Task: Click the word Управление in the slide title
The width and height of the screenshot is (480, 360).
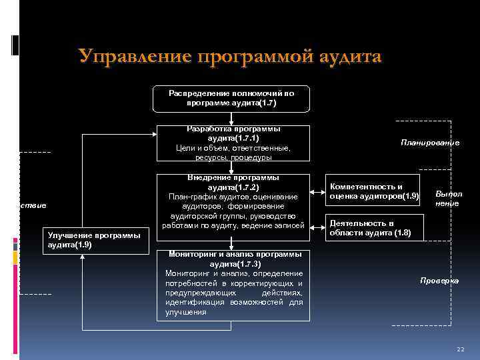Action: tap(133, 57)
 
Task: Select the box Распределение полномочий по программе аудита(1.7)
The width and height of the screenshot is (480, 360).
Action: tap(231, 99)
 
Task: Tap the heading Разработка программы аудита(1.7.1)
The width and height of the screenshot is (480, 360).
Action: tap(233, 133)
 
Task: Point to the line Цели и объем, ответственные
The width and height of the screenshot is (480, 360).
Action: tap(233, 147)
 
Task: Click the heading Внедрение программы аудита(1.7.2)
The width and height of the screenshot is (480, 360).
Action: tap(233, 183)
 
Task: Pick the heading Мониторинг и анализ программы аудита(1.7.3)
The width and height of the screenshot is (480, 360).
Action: tap(233, 259)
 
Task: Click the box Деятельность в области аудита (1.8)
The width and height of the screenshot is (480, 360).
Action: tap(370, 227)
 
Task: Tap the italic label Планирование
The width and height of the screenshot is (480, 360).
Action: tap(430, 143)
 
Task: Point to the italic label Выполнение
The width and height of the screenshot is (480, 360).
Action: tap(447, 198)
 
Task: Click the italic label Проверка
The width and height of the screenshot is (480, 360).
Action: tap(439, 281)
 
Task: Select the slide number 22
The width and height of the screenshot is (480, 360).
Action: tap(460, 349)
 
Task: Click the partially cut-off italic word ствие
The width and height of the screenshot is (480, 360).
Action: tap(33, 206)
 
